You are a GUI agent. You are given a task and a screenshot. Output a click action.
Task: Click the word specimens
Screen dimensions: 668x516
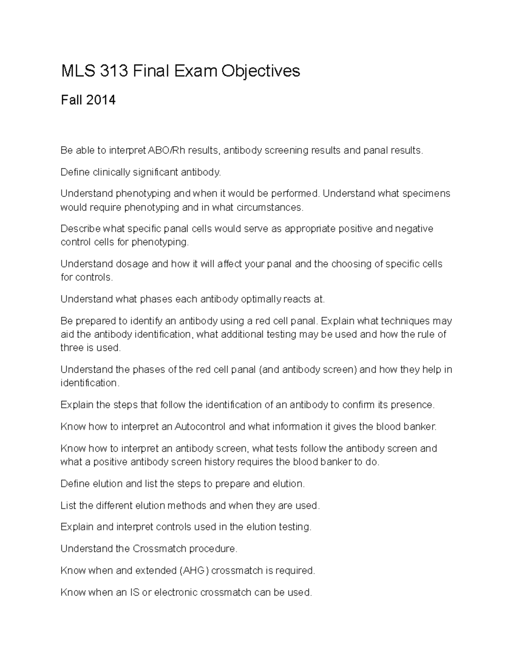point(426,194)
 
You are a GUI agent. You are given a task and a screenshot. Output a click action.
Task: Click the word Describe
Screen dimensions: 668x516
point(80,228)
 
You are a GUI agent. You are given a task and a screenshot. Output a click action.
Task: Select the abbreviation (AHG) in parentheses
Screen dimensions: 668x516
point(193,571)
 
